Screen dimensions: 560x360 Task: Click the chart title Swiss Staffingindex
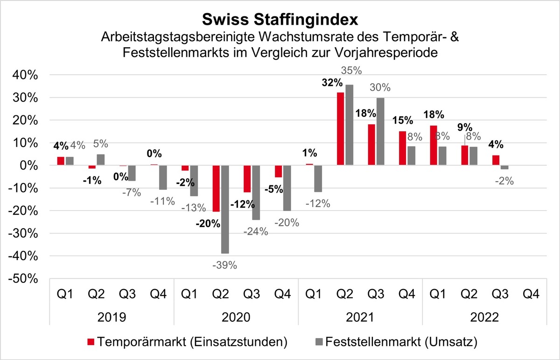[280, 20]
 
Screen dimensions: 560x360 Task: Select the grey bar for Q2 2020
[225, 209]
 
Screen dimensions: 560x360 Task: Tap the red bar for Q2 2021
[341, 129]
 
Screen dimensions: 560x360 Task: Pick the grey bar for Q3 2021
[380, 132]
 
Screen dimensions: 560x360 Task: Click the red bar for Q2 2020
[216, 188]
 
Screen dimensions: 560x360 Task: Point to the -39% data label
[224, 265]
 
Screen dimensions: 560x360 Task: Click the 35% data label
[351, 71]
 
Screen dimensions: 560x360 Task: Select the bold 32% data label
[332, 83]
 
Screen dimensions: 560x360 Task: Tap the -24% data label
[256, 232]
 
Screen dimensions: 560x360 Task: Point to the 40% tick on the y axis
[25, 75]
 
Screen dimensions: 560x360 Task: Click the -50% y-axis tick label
[23, 279]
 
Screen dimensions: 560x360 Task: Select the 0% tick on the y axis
[29, 166]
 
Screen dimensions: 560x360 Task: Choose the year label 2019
[112, 317]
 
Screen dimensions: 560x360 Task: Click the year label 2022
[484, 317]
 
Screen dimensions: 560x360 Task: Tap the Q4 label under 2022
[531, 294]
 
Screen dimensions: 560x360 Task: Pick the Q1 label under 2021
[314, 294]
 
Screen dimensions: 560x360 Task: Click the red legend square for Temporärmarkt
[91, 342]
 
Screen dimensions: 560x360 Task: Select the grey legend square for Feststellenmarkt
[319, 342]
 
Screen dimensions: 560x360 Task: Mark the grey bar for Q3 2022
[504, 167]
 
